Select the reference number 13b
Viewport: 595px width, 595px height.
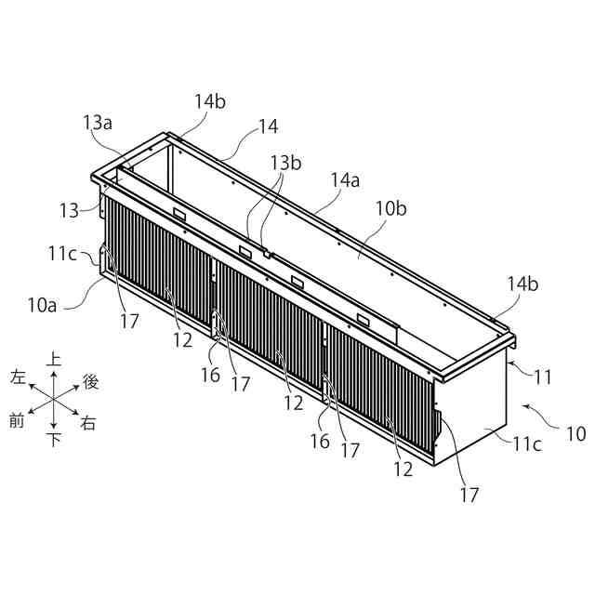(285, 164)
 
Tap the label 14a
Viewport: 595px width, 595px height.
(345, 181)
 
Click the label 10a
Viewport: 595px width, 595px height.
(43, 303)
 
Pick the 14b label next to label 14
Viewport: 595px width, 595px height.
(210, 101)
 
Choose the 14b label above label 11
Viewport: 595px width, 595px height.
(522, 283)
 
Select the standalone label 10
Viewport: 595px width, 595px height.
(576, 433)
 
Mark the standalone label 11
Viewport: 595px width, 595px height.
(543, 377)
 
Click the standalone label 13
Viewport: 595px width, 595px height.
(70, 211)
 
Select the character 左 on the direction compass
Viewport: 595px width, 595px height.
(18, 378)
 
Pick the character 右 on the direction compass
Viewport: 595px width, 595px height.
(88, 423)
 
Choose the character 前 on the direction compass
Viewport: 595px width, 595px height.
(17, 421)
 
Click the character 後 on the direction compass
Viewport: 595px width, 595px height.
(91, 380)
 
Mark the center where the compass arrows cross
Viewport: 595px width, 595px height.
(54, 400)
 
